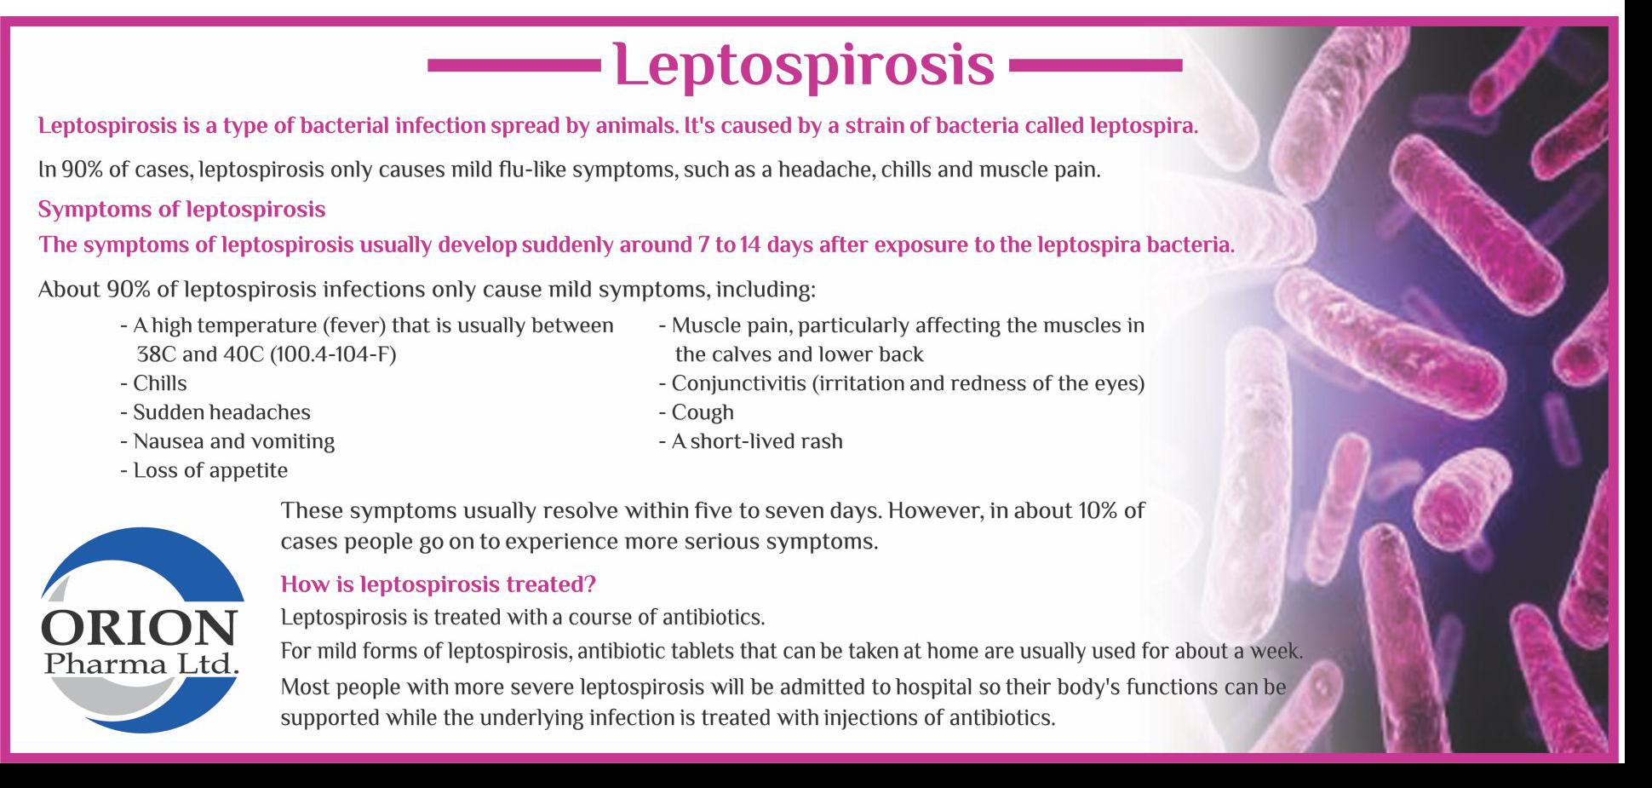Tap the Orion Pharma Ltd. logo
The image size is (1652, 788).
click(x=142, y=630)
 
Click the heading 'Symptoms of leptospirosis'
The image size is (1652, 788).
click(x=181, y=210)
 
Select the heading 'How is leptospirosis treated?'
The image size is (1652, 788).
click(x=438, y=584)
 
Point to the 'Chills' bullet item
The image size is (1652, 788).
click(x=153, y=383)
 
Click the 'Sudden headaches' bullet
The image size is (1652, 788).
click(x=215, y=412)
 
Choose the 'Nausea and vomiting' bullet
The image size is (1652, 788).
click(x=227, y=441)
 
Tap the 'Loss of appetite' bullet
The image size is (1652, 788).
click(x=204, y=470)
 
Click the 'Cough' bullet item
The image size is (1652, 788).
click(x=696, y=412)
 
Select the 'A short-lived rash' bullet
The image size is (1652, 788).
click(x=750, y=441)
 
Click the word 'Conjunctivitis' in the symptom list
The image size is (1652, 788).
click(x=738, y=384)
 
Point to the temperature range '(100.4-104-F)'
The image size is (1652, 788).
click(x=333, y=354)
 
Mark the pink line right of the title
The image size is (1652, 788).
click(x=1094, y=65)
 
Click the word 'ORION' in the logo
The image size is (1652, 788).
click(x=139, y=629)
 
